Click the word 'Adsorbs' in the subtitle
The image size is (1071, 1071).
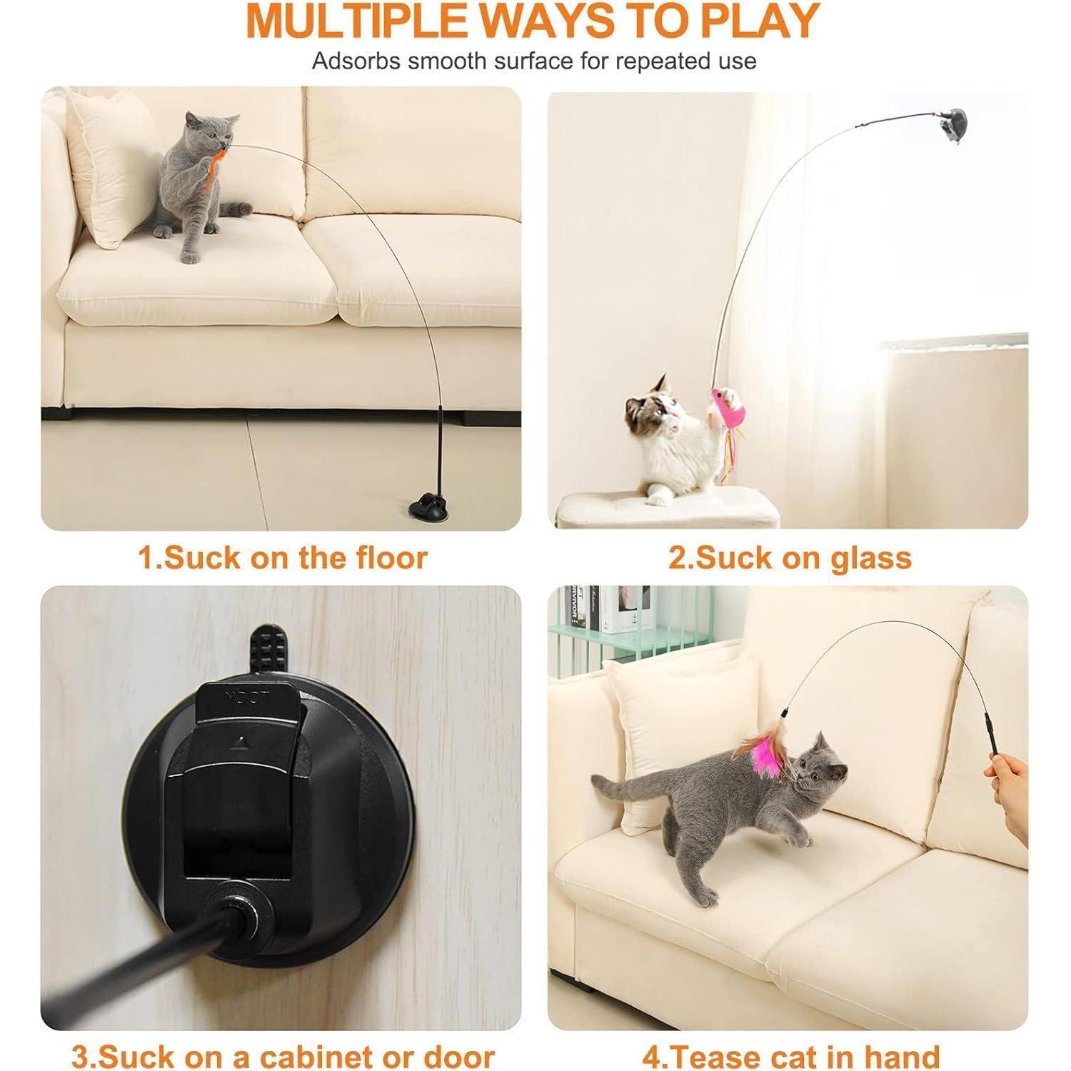(356, 61)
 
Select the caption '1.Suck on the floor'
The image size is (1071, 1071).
(283, 558)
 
